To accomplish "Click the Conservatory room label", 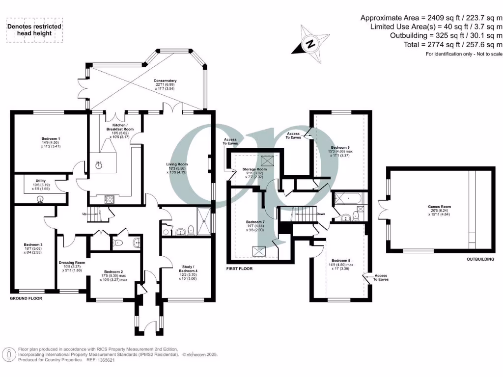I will coord(165,81).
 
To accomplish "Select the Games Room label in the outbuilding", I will coord(439,207).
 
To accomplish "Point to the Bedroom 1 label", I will coord(51,139).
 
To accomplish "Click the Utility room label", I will coord(40,181).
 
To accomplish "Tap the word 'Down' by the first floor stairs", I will coord(321,214).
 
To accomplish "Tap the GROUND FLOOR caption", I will coord(26,298).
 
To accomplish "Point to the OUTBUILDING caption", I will coord(480,259).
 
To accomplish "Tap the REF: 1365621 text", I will coord(100,360).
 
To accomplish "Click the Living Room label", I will coord(178,164).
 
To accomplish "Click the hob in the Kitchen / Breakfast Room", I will coord(110,198).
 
